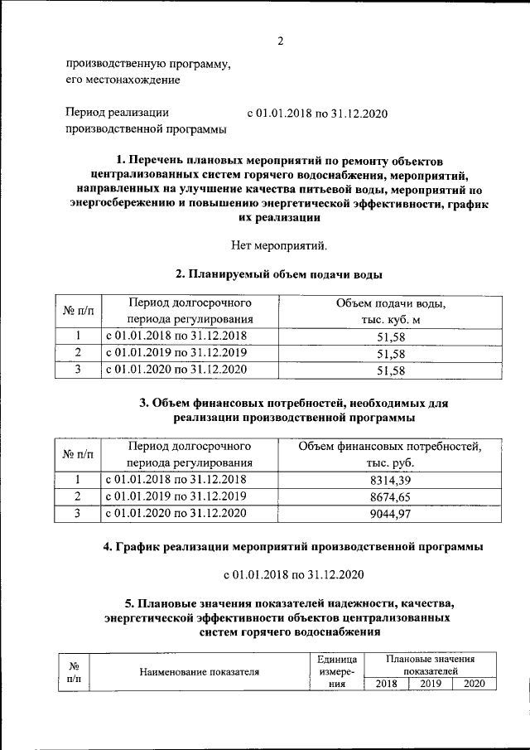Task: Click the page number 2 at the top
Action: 281,41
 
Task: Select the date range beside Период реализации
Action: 318,114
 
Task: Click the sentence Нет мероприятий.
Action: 281,244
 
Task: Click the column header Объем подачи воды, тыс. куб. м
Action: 387,312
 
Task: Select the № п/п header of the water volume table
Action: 79,312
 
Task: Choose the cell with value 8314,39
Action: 388,481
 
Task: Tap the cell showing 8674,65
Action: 388,497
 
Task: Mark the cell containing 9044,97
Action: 388,514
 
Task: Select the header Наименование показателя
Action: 199,672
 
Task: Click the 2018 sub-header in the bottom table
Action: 387,684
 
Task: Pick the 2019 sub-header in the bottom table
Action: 430,684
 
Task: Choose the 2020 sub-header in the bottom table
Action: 474,684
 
